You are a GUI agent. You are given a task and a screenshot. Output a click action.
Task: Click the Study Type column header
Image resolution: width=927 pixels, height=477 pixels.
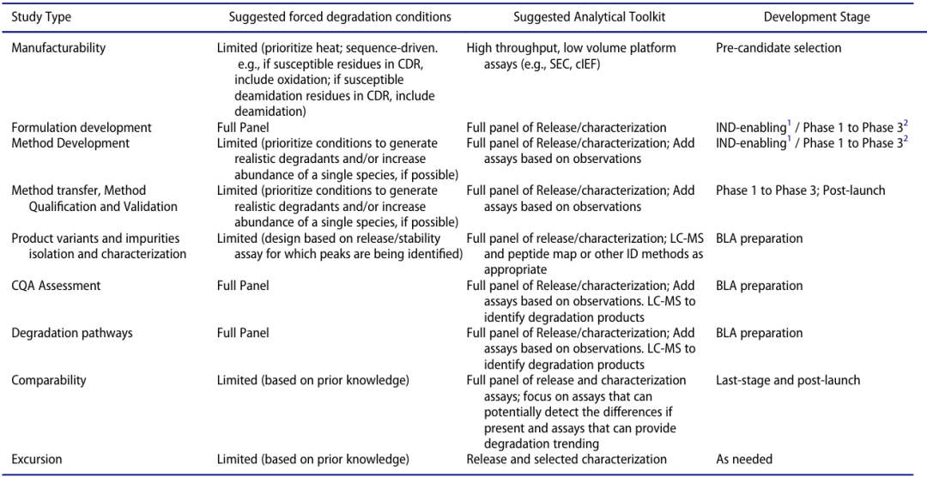point(41,17)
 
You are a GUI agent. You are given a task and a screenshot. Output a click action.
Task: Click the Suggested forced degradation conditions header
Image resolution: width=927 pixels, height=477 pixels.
point(340,17)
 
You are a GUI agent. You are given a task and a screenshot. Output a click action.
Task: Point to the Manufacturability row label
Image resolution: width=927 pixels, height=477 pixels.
point(58,48)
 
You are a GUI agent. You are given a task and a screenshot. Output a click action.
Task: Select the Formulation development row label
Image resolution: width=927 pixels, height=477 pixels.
point(82,128)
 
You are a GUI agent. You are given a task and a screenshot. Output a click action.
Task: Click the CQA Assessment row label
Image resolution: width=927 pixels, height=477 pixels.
point(56,286)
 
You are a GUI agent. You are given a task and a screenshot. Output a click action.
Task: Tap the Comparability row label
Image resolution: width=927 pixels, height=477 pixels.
point(49,380)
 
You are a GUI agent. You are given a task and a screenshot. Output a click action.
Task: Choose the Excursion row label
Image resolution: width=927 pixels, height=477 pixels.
point(37,459)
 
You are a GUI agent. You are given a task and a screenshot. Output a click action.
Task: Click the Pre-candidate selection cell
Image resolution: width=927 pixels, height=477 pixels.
point(779,48)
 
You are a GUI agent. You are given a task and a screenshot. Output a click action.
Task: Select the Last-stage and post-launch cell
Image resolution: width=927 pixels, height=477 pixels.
point(788,380)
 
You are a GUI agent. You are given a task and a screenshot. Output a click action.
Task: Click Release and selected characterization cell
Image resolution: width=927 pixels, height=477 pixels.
point(566,459)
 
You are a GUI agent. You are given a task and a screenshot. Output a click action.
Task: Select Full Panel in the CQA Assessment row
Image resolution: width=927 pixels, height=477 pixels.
point(243,286)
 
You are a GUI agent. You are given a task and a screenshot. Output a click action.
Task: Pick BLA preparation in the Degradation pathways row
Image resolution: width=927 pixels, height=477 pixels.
point(760,333)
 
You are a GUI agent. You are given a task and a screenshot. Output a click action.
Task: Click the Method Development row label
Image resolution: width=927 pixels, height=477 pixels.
point(70,143)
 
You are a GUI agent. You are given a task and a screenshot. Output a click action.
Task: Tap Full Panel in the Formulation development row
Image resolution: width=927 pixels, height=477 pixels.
point(243,128)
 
